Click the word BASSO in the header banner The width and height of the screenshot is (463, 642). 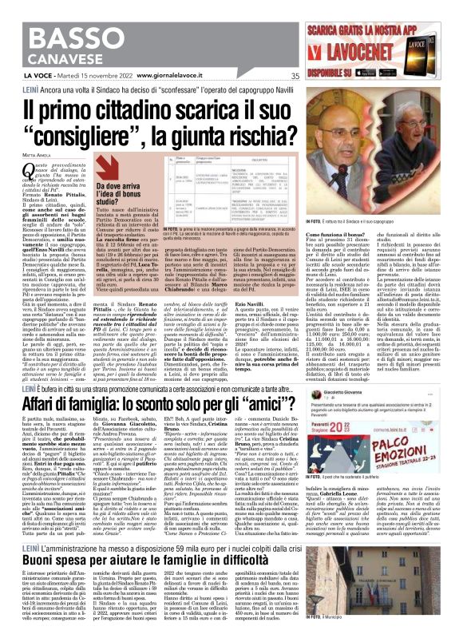tap(48, 17)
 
